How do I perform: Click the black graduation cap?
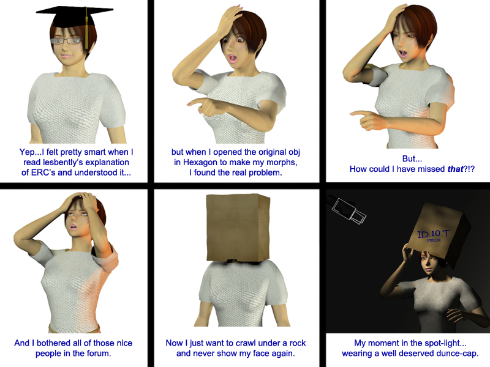(x=73, y=17)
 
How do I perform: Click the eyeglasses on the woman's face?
(x=67, y=40)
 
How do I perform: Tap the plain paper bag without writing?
(x=238, y=228)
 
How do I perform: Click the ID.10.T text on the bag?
(x=433, y=234)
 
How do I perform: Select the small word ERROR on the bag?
(x=434, y=240)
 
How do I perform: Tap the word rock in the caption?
(x=298, y=343)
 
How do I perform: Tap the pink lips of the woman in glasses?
(x=66, y=56)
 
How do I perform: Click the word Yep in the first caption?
(x=26, y=152)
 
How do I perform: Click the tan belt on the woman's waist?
(x=74, y=328)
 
